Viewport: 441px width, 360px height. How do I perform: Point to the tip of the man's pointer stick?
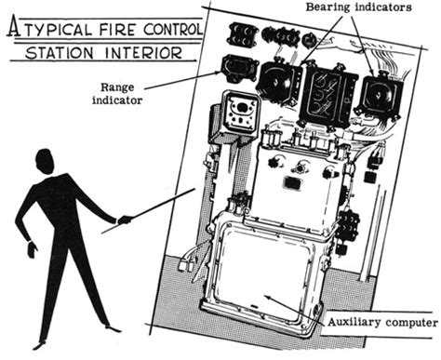[194, 190]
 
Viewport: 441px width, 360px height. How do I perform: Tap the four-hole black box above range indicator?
[242, 34]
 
